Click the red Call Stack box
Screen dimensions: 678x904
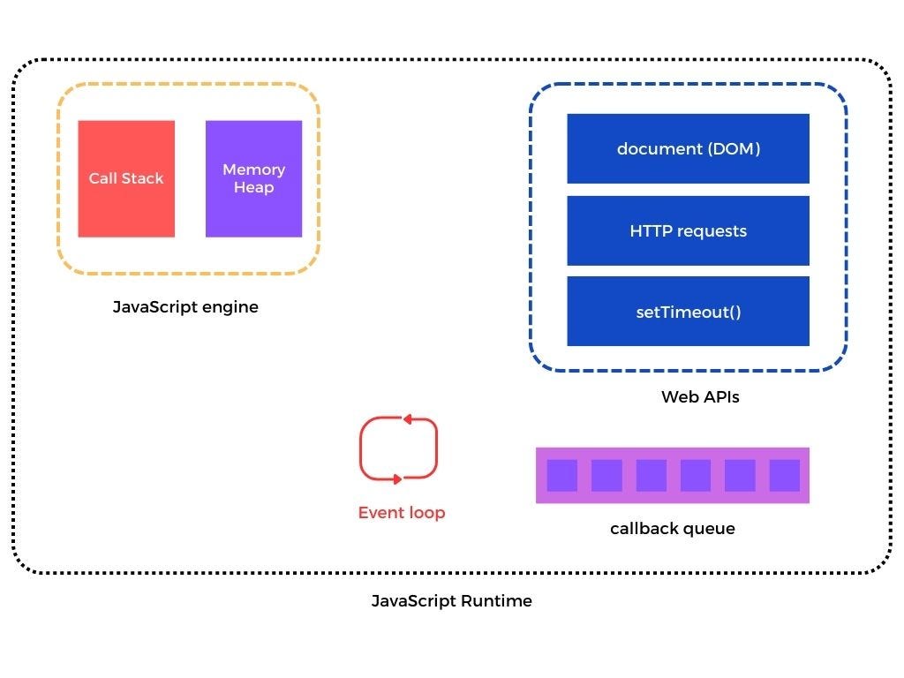click(126, 178)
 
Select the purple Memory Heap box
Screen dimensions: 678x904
click(253, 178)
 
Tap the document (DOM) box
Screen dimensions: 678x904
click(688, 148)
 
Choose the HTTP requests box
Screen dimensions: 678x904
click(688, 230)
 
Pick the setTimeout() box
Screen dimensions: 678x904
click(688, 312)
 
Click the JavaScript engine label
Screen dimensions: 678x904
click(185, 307)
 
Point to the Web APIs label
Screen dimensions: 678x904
click(700, 397)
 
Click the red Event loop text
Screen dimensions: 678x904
click(402, 513)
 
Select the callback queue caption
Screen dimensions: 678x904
click(672, 529)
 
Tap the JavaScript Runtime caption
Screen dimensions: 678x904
click(451, 601)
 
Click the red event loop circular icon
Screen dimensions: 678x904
click(398, 449)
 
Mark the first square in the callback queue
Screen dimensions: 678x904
click(561, 475)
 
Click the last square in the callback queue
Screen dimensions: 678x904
click(784, 475)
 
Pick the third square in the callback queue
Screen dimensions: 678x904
click(651, 475)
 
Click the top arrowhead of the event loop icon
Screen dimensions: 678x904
click(407, 420)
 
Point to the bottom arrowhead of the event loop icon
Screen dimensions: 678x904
click(396, 478)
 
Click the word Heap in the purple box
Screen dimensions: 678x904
click(253, 187)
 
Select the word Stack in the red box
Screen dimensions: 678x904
click(145, 178)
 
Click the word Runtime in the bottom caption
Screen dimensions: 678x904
click(497, 601)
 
